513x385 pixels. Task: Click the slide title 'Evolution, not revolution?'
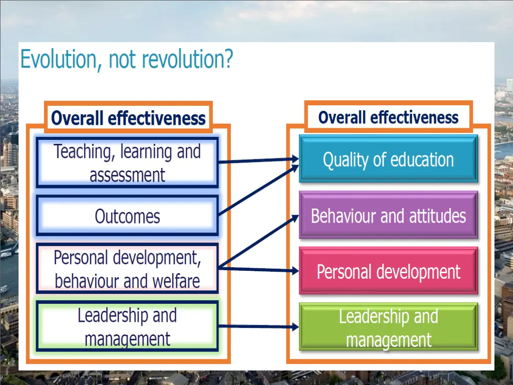point(126,60)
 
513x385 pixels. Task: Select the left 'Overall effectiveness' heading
point(128,118)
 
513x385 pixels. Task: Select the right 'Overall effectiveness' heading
point(388,117)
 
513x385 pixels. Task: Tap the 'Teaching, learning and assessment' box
point(127,163)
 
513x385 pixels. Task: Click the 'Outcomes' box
point(127,216)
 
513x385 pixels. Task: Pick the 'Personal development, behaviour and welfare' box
point(127,269)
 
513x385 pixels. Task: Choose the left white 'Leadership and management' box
point(127,327)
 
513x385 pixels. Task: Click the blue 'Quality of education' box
point(388,159)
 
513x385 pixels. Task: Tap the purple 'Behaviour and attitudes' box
point(388,216)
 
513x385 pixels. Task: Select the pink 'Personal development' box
point(388,271)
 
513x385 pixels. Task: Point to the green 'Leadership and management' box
point(388,328)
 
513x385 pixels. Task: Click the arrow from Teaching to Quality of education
point(258,160)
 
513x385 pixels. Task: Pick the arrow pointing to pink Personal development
point(258,270)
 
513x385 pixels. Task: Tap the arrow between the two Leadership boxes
point(258,327)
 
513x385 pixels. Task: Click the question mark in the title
point(227,60)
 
